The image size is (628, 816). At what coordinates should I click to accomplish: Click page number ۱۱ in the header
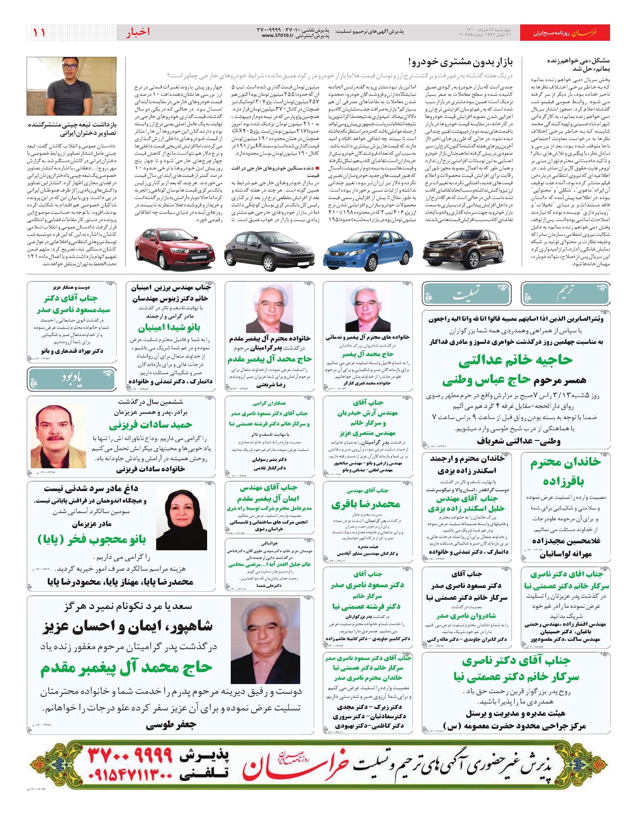tap(39, 32)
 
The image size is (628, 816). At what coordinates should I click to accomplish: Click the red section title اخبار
tap(138, 32)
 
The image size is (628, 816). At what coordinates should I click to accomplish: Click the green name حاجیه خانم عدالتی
tap(515, 360)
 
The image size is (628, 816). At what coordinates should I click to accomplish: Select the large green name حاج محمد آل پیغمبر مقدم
tap(126, 667)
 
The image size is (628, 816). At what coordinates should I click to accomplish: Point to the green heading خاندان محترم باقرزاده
tap(565, 471)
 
